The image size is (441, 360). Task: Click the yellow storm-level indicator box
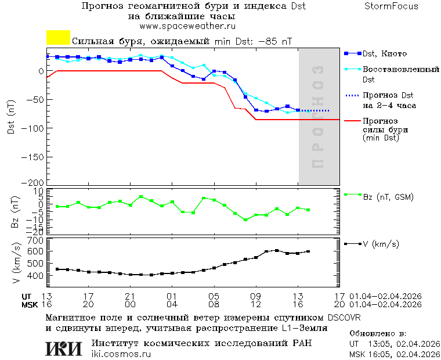point(58,38)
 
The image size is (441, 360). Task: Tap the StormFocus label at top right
point(391,6)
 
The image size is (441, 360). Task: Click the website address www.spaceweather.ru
point(187,26)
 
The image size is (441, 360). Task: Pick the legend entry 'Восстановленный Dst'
point(400,74)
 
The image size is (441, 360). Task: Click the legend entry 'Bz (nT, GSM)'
point(388,197)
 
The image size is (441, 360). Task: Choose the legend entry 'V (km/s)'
point(381,244)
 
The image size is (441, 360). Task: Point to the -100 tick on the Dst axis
point(34,128)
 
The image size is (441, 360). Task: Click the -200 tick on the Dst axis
point(34,182)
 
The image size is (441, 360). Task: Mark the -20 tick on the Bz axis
point(36,232)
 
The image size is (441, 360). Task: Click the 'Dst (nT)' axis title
point(12,117)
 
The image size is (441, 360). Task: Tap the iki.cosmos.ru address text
point(121,354)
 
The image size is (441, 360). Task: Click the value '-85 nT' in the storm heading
point(274,42)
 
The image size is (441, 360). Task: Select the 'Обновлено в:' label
point(378,334)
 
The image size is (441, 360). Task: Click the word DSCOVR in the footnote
point(345,318)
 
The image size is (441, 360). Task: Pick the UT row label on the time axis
point(27,296)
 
